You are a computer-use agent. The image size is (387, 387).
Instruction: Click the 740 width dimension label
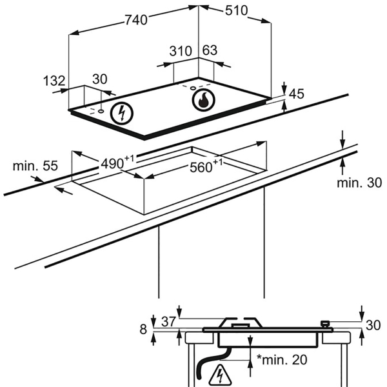[136, 20]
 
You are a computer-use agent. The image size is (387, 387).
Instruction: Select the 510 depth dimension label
[236, 10]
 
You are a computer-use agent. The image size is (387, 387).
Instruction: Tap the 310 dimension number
[181, 51]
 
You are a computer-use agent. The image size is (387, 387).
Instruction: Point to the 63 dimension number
[210, 50]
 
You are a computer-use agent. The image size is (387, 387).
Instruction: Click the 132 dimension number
[54, 81]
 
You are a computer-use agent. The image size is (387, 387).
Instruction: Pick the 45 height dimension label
[297, 94]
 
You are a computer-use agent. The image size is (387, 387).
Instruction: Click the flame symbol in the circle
[204, 101]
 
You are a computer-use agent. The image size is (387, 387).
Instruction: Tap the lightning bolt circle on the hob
[122, 114]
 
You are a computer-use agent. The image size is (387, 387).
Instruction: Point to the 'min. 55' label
[35, 166]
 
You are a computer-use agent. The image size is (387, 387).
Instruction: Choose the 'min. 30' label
[359, 183]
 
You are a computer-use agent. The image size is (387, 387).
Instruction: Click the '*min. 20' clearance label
[282, 360]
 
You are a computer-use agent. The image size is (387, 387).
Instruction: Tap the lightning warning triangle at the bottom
[219, 375]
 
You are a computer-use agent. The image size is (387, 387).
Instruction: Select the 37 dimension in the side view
[168, 322]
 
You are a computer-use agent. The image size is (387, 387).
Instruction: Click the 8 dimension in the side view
[143, 329]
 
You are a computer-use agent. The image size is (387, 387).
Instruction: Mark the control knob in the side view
[326, 324]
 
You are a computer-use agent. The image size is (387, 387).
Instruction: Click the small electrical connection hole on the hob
[101, 112]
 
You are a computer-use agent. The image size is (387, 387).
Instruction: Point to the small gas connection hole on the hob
[193, 88]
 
